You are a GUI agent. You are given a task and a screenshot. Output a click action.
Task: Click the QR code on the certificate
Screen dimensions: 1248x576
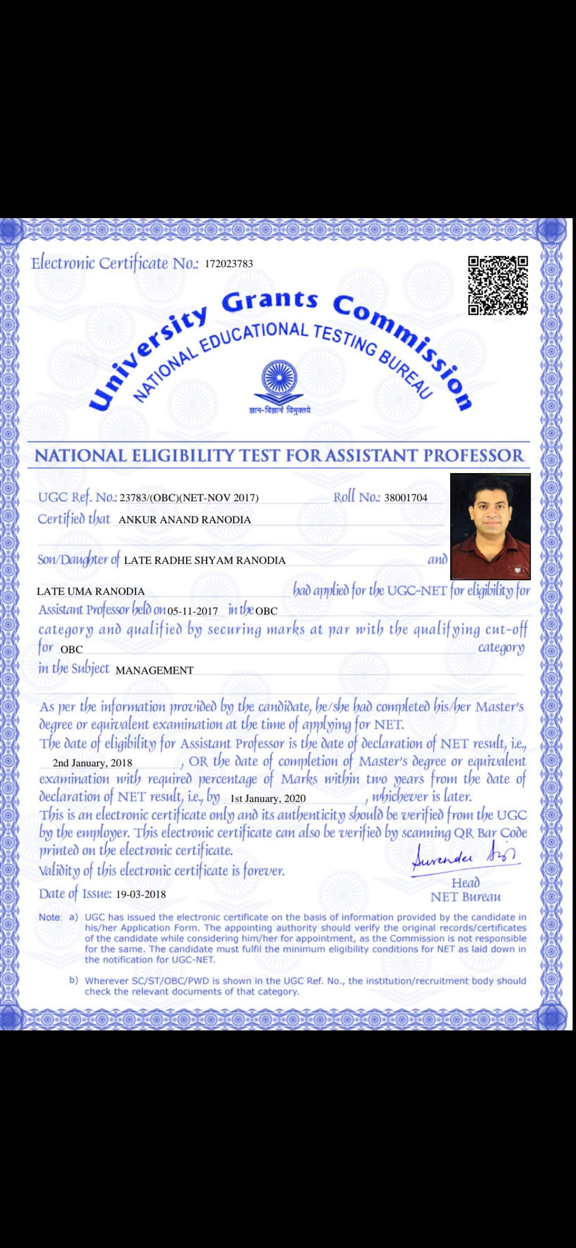(498, 285)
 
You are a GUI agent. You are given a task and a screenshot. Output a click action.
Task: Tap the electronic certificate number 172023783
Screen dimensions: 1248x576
(229, 263)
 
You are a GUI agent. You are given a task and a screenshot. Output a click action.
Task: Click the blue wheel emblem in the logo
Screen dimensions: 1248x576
(278, 377)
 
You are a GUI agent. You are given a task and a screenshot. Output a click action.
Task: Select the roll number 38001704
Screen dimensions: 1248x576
(405, 498)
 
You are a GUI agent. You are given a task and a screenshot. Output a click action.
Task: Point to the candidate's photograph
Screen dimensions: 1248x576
(490, 526)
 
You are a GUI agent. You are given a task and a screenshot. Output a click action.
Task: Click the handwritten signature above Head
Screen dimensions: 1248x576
(465, 857)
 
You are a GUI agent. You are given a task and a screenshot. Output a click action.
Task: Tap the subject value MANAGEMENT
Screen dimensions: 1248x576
(154, 670)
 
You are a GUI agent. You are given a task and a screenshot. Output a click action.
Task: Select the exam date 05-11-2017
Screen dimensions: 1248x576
(193, 611)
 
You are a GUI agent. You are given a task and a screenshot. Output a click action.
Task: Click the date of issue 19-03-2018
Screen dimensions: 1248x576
(141, 894)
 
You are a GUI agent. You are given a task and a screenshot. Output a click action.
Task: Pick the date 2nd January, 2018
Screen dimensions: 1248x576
(92, 763)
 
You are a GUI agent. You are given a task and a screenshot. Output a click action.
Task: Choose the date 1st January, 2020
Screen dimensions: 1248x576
(268, 798)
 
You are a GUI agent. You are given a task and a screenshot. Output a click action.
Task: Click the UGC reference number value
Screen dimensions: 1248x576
(189, 498)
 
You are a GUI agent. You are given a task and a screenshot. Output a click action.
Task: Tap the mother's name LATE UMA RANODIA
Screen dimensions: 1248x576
(91, 591)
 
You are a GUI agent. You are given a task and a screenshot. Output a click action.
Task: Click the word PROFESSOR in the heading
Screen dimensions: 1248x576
(474, 456)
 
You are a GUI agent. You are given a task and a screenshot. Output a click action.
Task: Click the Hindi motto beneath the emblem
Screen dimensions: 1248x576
(279, 411)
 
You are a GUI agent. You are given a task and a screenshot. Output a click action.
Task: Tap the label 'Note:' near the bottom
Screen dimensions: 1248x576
(50, 917)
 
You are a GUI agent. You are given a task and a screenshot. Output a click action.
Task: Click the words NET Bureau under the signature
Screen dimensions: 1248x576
(466, 897)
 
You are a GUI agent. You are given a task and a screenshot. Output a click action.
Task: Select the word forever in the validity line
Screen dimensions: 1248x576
(263, 871)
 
